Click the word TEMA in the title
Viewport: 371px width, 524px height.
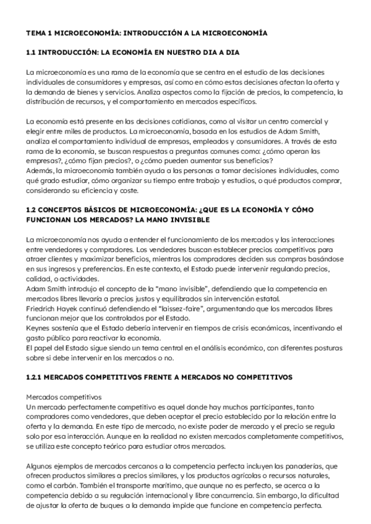click(x=35, y=32)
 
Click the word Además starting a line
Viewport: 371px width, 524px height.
click(x=40, y=170)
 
